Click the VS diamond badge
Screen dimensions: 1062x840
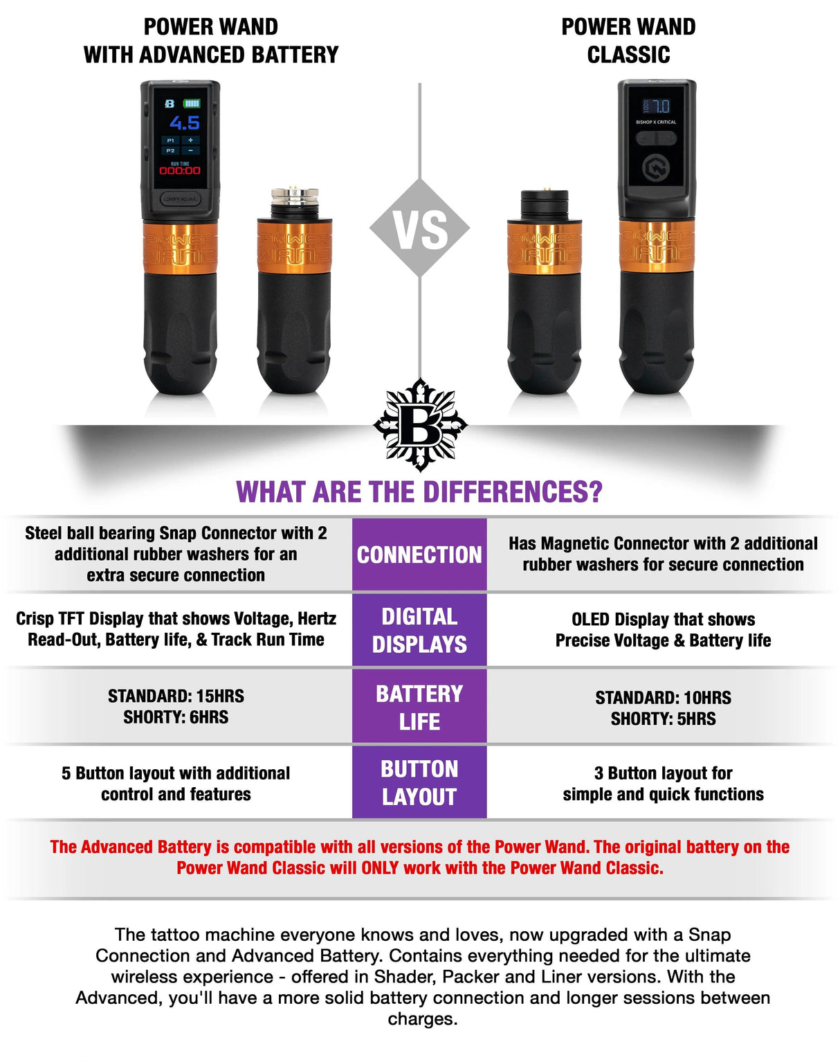(419, 228)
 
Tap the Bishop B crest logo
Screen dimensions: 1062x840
(420, 424)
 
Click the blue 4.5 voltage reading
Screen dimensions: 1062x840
(185, 123)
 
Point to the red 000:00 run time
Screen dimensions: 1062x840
(180, 170)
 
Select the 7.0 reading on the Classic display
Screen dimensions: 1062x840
(661, 106)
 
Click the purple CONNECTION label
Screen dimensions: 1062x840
(419, 555)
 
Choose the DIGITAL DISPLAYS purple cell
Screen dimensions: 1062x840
(419, 630)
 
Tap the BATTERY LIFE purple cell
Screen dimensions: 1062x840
(419, 707)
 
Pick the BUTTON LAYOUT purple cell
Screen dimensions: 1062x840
(419, 782)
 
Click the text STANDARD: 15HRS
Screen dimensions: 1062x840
(176, 696)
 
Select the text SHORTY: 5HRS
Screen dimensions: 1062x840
(663, 719)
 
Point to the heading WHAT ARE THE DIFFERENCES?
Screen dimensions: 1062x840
(419, 492)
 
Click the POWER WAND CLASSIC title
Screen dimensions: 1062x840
(628, 40)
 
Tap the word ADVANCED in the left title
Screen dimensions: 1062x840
(184, 55)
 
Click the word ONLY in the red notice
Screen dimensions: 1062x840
(381, 867)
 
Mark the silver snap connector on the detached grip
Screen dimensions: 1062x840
(295, 201)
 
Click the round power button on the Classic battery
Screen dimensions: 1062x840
(655, 168)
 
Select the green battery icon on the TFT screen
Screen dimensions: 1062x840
(192, 103)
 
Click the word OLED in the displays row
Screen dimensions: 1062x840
(590, 619)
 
